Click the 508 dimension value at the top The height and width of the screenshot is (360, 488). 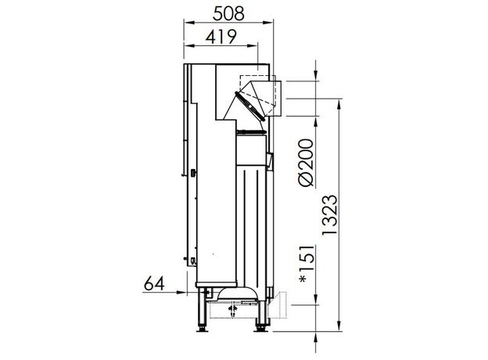tap(228, 14)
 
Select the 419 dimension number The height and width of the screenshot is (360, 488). tap(221, 37)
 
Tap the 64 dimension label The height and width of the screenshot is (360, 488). tap(154, 284)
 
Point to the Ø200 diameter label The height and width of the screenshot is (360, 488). tap(305, 163)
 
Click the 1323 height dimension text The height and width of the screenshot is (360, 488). tap(329, 215)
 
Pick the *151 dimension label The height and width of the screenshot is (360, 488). tap(307, 265)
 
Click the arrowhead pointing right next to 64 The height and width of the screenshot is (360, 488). tap(181, 292)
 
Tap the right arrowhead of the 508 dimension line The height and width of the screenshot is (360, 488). tap(268, 23)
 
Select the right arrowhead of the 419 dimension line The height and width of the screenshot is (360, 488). tap(253, 45)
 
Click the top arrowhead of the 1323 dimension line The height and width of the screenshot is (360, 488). tap(339, 104)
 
